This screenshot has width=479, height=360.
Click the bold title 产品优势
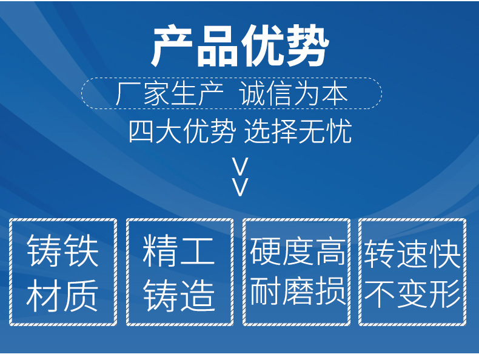(240, 46)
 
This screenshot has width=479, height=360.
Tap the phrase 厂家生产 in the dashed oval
(170, 94)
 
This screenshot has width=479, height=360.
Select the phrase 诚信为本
(293, 94)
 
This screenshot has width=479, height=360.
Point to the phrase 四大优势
(182, 132)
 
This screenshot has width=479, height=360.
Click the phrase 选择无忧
(298, 132)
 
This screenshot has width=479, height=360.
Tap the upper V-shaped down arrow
(240, 167)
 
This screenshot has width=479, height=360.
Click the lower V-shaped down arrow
(240, 187)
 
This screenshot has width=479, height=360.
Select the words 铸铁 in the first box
(62, 250)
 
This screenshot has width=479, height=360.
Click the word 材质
(62, 295)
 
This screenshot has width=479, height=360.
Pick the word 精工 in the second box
(179, 250)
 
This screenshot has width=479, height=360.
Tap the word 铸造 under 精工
(179, 295)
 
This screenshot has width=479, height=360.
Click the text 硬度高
(298, 252)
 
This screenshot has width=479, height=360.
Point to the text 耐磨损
(298, 291)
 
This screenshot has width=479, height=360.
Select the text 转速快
(412, 254)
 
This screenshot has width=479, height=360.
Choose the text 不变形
(412, 294)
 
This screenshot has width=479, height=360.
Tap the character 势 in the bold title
(307, 46)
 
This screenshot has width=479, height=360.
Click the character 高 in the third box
(330, 252)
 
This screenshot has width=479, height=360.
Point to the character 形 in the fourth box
(445, 294)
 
